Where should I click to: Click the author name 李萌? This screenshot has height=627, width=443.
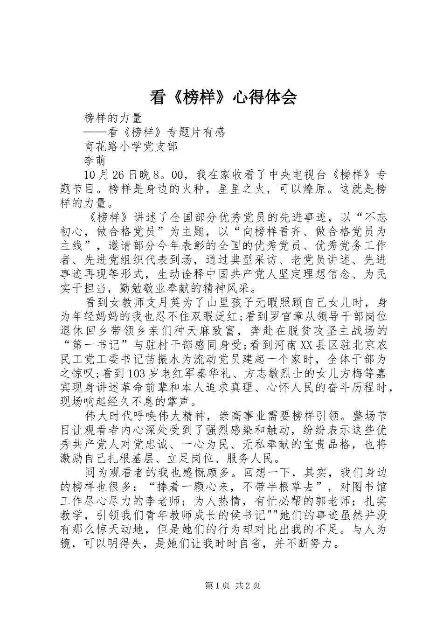click(x=95, y=160)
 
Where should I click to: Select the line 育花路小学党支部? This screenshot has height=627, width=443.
click(x=131, y=146)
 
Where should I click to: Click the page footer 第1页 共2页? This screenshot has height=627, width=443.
click(x=221, y=585)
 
